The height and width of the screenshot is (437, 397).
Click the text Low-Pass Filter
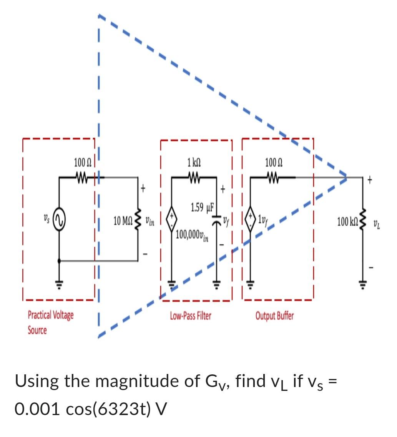click(x=191, y=316)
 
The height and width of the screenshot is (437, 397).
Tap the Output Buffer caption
click(x=275, y=316)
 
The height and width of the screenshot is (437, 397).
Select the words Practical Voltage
click(x=51, y=315)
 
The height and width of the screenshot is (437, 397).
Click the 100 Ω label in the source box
click(x=83, y=163)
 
